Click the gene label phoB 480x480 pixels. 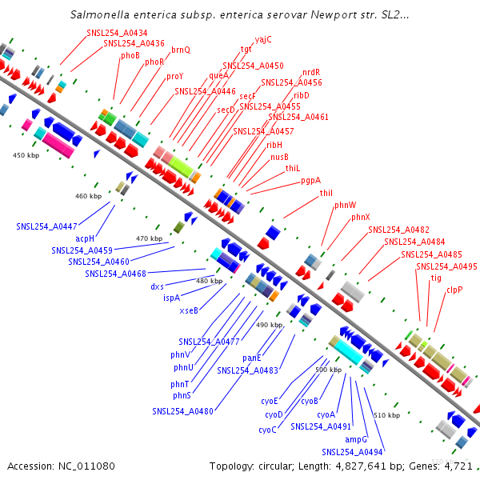click(x=130, y=55)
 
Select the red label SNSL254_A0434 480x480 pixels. click(x=117, y=33)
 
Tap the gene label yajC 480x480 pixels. click(x=263, y=39)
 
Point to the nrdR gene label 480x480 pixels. click(x=311, y=72)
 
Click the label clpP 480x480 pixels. click(x=454, y=290)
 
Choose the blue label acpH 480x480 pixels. click(x=85, y=238)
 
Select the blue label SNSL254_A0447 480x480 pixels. click(x=46, y=226)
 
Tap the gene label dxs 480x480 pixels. click(x=157, y=286)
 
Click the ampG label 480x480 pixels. click(x=356, y=439)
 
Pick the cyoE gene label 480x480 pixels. click(x=270, y=401)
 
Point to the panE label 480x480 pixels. click(x=252, y=358)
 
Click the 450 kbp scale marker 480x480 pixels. click(x=26, y=155)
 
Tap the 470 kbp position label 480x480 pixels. click(x=149, y=238)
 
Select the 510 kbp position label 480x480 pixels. click(x=387, y=415)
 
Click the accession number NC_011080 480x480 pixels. click(x=86, y=466)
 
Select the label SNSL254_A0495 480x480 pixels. click(x=446, y=266)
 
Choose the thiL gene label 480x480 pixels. click(x=293, y=168)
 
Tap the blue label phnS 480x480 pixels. click(x=182, y=395)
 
